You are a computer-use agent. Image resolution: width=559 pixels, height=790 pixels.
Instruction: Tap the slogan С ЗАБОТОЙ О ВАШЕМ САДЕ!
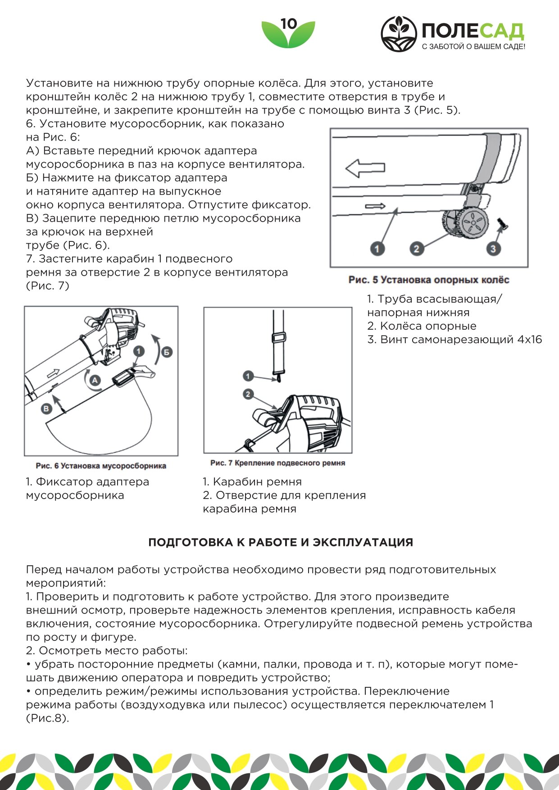(x=473, y=47)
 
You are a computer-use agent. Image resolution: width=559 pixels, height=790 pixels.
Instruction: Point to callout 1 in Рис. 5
(x=377, y=248)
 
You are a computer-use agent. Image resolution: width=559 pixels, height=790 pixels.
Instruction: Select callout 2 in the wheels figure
(x=416, y=248)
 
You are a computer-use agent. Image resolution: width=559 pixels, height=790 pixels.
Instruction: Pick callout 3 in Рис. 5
(x=493, y=248)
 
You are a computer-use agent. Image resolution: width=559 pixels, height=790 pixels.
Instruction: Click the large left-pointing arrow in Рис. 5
(x=365, y=168)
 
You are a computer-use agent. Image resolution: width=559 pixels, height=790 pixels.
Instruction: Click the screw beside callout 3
(x=502, y=224)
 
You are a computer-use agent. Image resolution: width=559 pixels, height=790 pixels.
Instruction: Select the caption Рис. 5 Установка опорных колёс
(x=428, y=280)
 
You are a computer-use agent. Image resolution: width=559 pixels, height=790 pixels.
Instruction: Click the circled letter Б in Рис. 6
(x=167, y=352)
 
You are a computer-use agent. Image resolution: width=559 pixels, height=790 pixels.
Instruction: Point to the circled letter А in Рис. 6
(x=95, y=381)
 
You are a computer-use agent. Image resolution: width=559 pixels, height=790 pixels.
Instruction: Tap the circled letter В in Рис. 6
(x=46, y=409)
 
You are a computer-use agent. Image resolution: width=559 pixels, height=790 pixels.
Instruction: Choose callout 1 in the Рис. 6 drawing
(x=139, y=351)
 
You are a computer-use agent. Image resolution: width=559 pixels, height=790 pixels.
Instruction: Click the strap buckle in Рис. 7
(x=278, y=337)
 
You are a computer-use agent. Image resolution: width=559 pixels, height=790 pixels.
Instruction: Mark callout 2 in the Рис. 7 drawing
(x=248, y=394)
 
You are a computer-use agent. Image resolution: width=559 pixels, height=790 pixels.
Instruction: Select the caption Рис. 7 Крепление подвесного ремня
(x=277, y=463)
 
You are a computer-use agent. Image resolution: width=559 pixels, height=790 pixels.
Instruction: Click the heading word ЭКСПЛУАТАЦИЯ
(x=363, y=542)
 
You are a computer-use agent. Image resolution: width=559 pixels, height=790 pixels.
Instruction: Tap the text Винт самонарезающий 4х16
(x=461, y=340)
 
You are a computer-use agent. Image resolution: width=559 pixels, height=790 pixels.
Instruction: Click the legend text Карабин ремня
(x=257, y=482)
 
